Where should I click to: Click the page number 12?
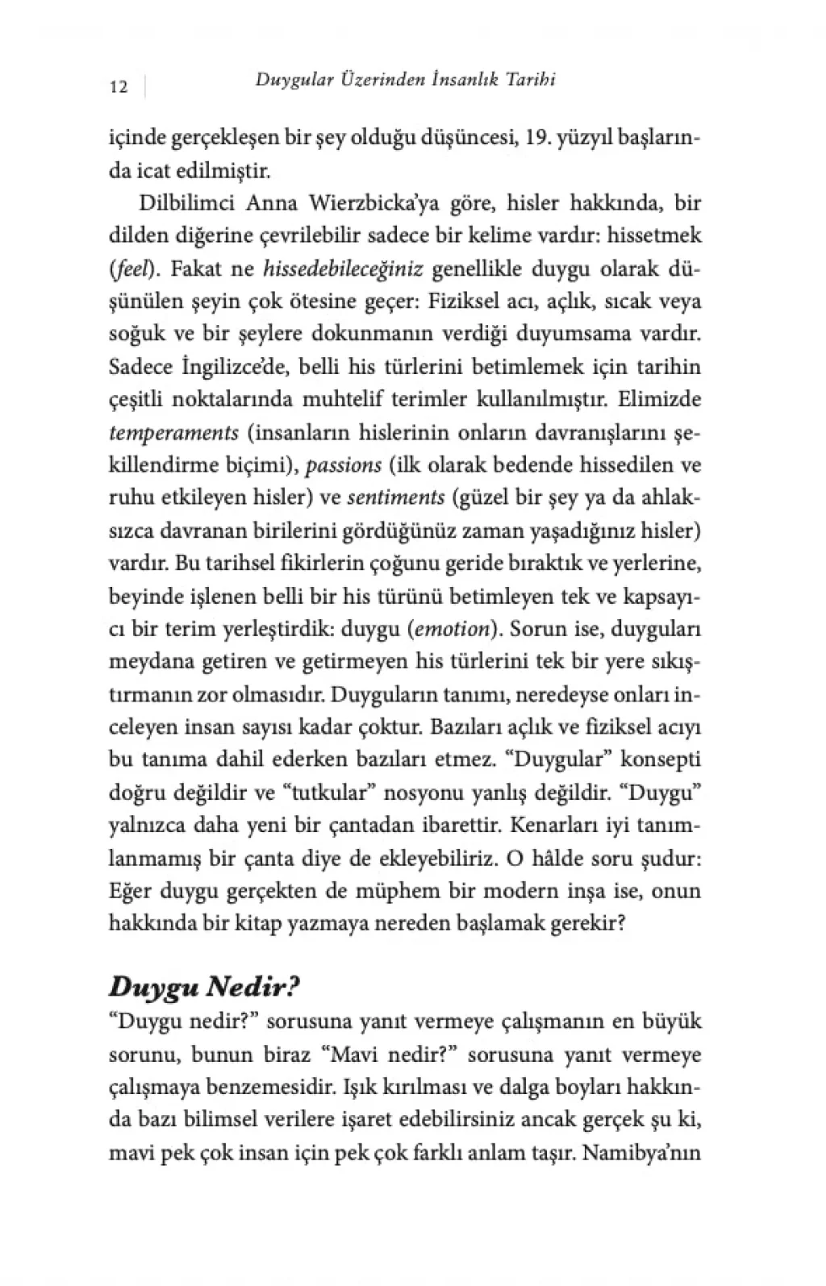118,87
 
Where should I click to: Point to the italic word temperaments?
173,432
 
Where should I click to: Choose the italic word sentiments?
396,497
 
